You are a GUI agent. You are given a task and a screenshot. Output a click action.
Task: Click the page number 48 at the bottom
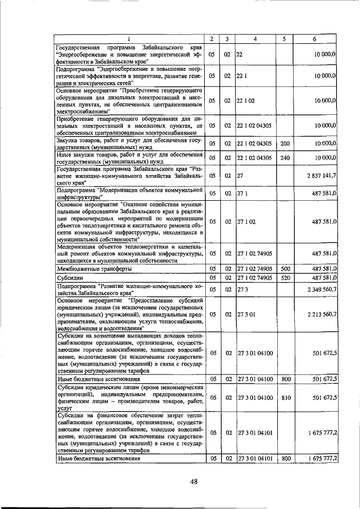click(x=194, y=481)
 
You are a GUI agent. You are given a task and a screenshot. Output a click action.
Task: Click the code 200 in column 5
click(x=285, y=143)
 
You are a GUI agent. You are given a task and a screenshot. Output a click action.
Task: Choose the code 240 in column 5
click(x=285, y=158)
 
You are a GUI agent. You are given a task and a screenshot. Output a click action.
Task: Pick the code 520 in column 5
click(x=285, y=277)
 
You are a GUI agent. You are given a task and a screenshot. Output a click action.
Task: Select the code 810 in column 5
click(x=285, y=397)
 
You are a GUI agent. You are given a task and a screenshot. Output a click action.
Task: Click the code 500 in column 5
click(x=285, y=269)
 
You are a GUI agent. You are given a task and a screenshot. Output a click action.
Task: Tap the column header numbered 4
click(x=255, y=39)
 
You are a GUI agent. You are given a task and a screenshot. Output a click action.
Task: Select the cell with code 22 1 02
click(x=246, y=100)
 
